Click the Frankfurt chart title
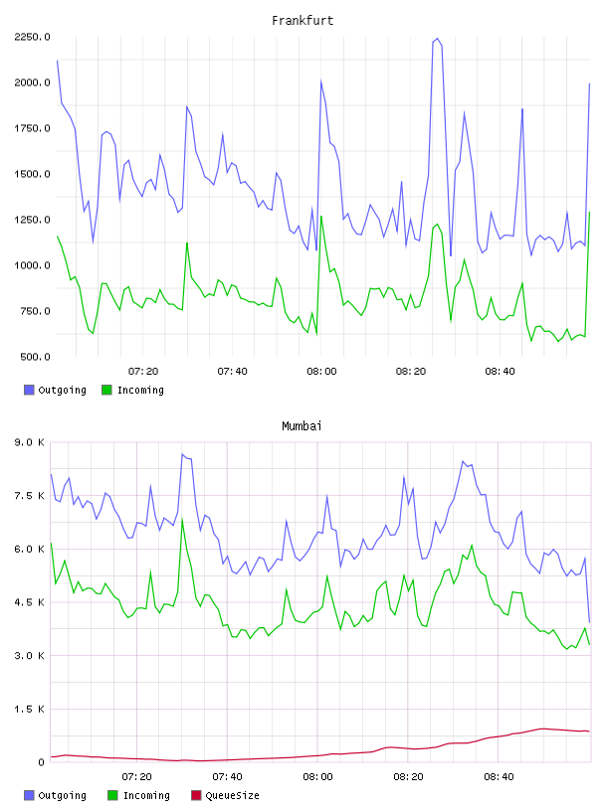pos(302,21)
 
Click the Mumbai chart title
pos(302,426)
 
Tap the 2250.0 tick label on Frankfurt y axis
pos(32,37)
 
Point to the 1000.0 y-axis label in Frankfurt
pos(32,265)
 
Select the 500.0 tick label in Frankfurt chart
pos(35,357)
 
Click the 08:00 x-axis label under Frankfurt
pos(321,372)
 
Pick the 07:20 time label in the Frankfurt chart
pos(143,372)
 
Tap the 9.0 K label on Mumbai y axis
pos(29,442)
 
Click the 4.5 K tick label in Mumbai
pos(29,602)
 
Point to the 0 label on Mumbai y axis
pos(41,762)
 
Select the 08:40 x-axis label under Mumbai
pos(499,777)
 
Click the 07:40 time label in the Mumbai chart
pos(227,777)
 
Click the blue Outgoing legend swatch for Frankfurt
pos(29,390)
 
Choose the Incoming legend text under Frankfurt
pos(140,390)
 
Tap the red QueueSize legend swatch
pos(196,795)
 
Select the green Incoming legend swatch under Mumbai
pos(112,795)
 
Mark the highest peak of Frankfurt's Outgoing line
pos(437,39)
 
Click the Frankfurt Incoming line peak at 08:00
pos(321,217)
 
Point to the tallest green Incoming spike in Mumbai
pos(182,519)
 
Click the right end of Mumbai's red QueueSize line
pos(589,731)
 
